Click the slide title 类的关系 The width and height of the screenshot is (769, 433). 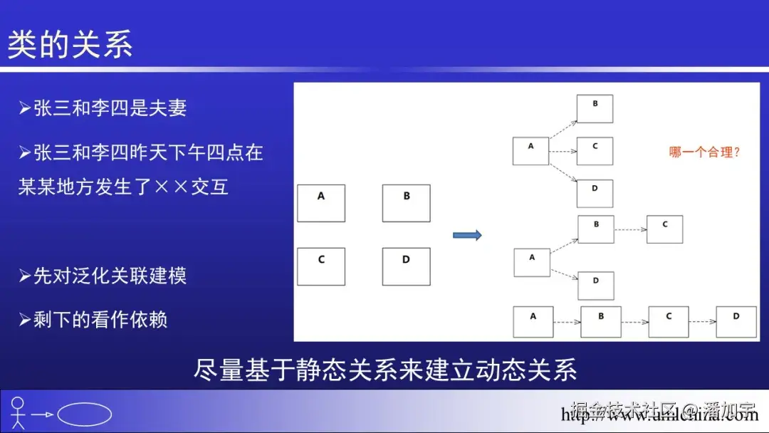(x=70, y=44)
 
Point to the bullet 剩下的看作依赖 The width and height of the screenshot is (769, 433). (x=93, y=320)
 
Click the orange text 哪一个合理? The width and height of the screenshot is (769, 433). (x=704, y=152)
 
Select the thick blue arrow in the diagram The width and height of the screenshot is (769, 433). (x=467, y=235)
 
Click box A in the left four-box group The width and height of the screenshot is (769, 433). (x=321, y=203)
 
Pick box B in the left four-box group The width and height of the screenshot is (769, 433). (x=406, y=203)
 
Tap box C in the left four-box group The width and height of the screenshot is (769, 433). (x=321, y=266)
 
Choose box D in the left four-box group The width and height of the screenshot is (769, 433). (x=406, y=266)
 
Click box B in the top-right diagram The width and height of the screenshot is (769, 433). (x=595, y=108)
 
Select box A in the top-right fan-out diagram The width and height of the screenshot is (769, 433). (x=530, y=151)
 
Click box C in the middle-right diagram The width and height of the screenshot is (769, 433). (x=664, y=229)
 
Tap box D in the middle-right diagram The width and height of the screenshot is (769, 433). (x=595, y=285)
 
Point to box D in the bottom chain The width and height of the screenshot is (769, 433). (x=736, y=322)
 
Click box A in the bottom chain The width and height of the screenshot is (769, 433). (x=533, y=322)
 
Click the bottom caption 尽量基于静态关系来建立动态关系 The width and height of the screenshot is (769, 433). (x=384, y=370)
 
